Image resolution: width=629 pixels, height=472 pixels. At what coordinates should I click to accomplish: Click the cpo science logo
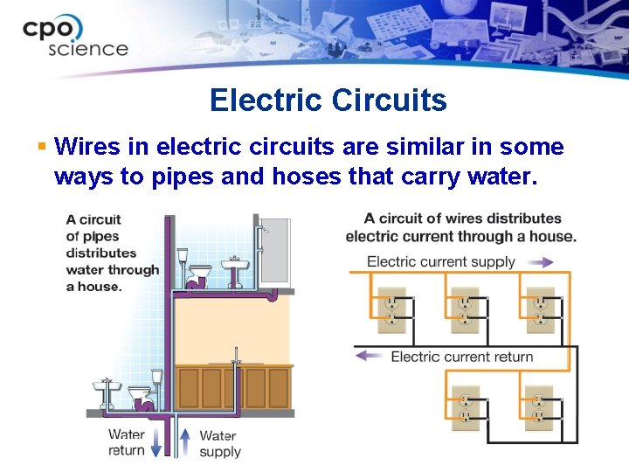click(x=76, y=37)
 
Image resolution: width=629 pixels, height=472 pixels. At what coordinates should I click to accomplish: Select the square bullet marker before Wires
click(x=41, y=144)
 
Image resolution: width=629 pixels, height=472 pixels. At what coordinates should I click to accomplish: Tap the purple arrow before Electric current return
click(x=370, y=356)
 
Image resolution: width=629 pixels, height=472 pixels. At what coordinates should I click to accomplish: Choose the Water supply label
click(x=218, y=443)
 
